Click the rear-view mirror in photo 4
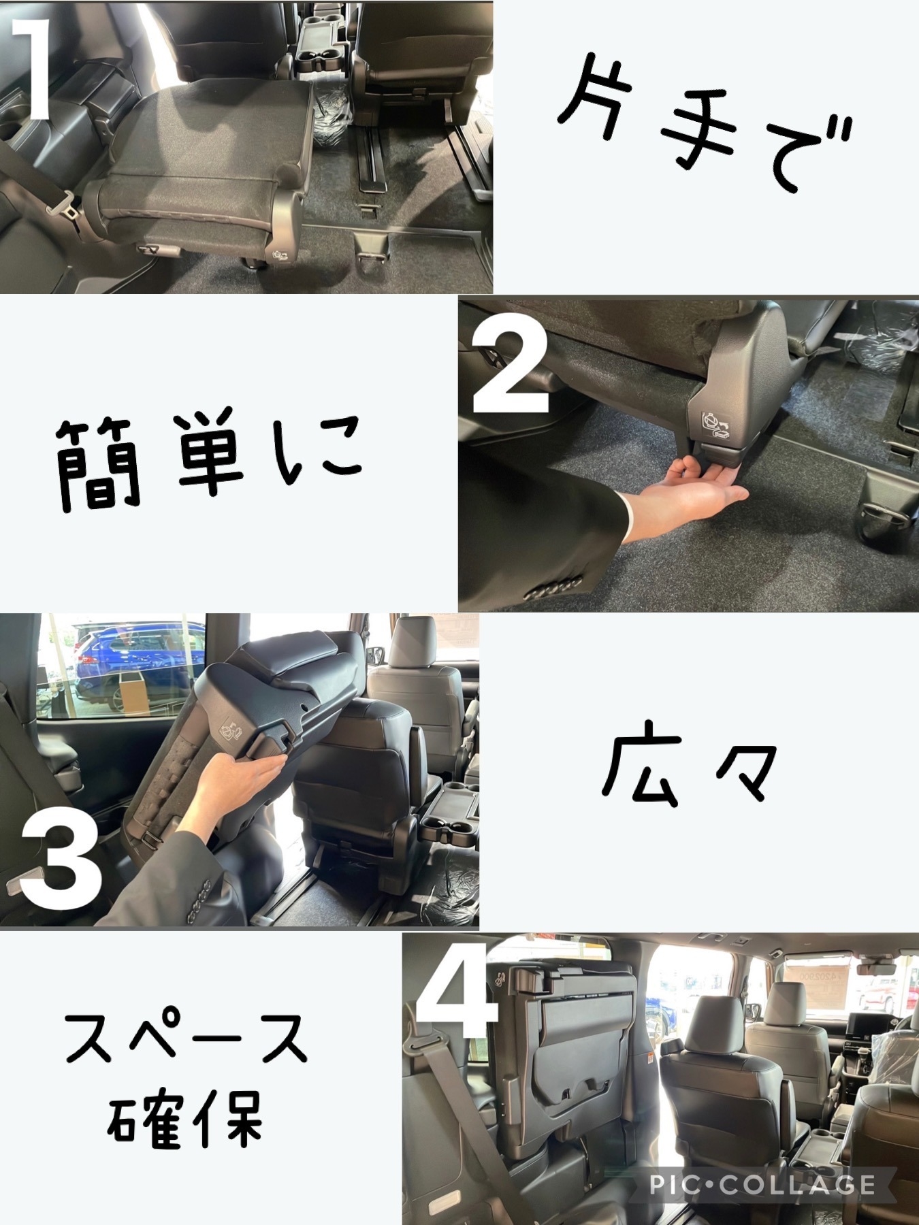(878, 968)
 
